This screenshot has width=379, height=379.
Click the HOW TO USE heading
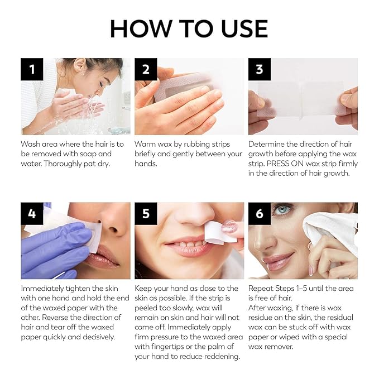click(x=189, y=28)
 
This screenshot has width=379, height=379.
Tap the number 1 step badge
click(x=32, y=69)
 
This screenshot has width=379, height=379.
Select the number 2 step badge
click(x=146, y=69)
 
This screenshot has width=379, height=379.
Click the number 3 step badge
click(x=260, y=69)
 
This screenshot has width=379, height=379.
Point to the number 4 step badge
click(x=32, y=214)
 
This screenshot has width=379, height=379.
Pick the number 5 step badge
click(x=146, y=214)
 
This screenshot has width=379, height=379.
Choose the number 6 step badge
click(x=260, y=214)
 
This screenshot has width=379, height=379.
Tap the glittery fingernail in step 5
click(x=230, y=228)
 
